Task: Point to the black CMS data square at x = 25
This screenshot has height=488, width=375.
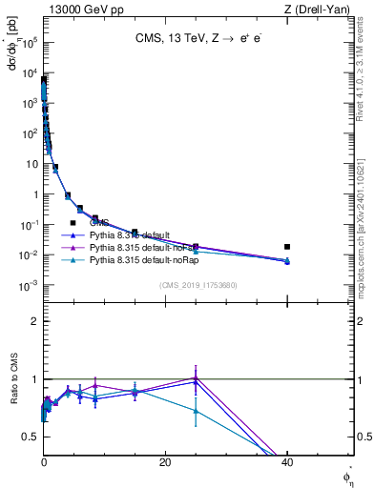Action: pyautogui.click(x=196, y=247)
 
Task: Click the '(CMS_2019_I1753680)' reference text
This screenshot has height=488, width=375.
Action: pyautogui.click(x=198, y=284)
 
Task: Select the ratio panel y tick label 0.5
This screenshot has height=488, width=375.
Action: pyautogui.click(x=30, y=437)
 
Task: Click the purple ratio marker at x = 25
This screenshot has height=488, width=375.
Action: pyautogui.click(x=196, y=377)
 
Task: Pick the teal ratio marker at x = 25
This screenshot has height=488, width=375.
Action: pyautogui.click(x=196, y=411)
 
